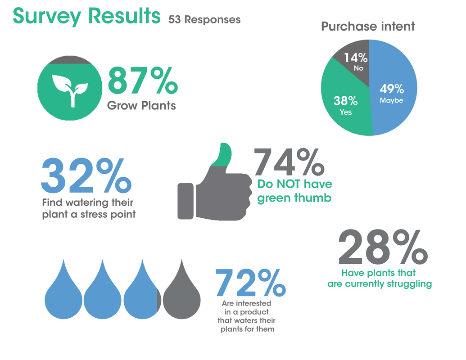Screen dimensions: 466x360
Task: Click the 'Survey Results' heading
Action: click(86, 16)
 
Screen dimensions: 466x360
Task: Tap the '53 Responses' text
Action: click(204, 20)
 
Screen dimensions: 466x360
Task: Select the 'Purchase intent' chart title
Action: click(368, 27)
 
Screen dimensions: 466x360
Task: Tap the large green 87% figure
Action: click(143, 80)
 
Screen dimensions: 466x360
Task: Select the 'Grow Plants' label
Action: click(141, 105)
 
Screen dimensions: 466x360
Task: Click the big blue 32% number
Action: click(86, 175)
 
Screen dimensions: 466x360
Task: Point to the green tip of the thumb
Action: click(222, 154)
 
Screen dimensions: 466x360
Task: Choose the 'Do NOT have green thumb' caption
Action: click(294, 191)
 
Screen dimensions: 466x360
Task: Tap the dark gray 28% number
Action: click(383, 247)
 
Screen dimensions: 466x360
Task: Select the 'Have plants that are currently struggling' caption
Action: click(380, 278)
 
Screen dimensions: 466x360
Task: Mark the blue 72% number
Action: click(250, 283)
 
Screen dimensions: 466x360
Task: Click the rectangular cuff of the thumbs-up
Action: click(185, 202)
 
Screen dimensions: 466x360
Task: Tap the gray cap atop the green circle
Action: click(70, 60)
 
